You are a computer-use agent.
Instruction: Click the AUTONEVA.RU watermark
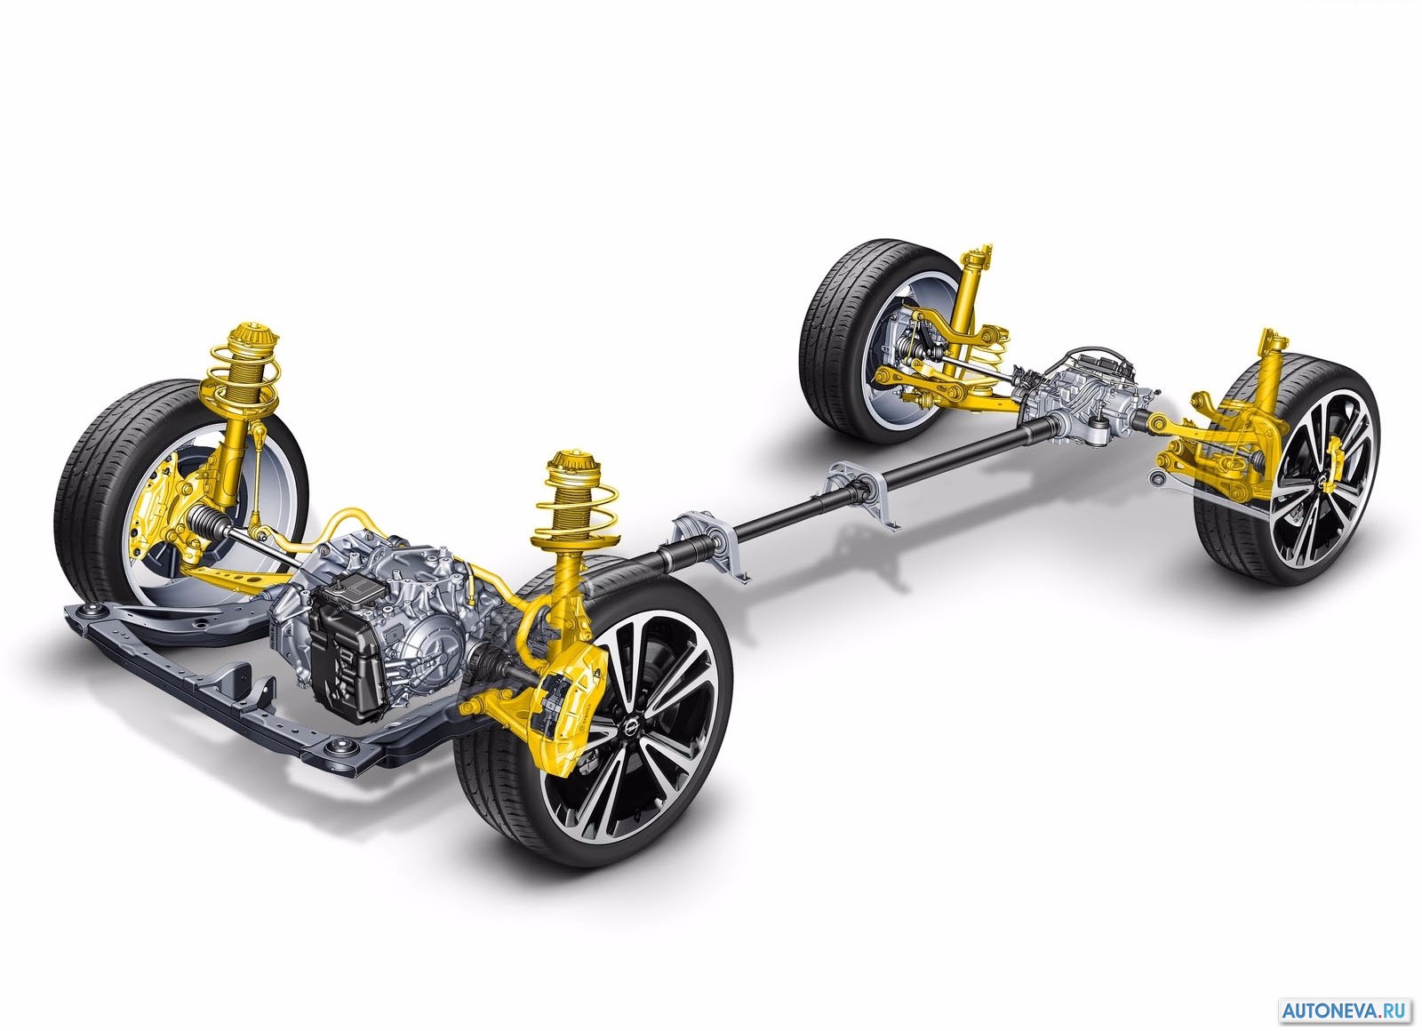click(1344, 1010)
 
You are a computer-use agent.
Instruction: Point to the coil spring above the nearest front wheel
click(574, 515)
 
